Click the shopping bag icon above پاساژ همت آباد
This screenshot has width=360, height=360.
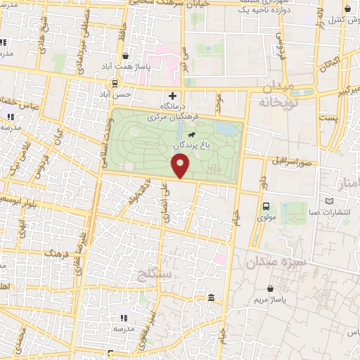coord(125,56)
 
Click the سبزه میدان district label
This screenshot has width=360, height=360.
coord(275,262)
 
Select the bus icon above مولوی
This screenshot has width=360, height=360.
coord(266,207)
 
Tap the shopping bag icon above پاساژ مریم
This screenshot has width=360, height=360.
coord(271,288)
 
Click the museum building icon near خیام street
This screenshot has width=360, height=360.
coord(212,300)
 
